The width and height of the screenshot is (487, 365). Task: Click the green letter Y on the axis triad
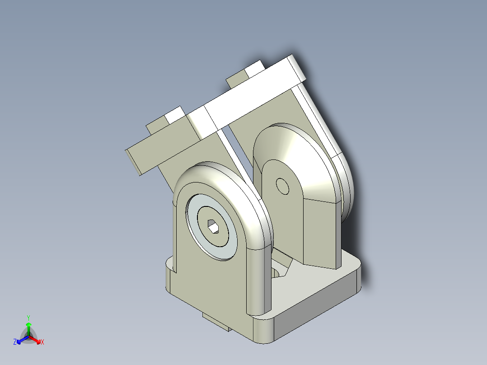pyautogui.click(x=28, y=318)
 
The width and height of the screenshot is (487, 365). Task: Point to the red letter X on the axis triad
pyautogui.click(x=42, y=342)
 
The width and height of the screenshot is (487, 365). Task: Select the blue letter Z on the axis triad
pyautogui.click(x=15, y=342)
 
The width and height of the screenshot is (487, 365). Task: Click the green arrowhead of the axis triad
pyautogui.click(x=28, y=325)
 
